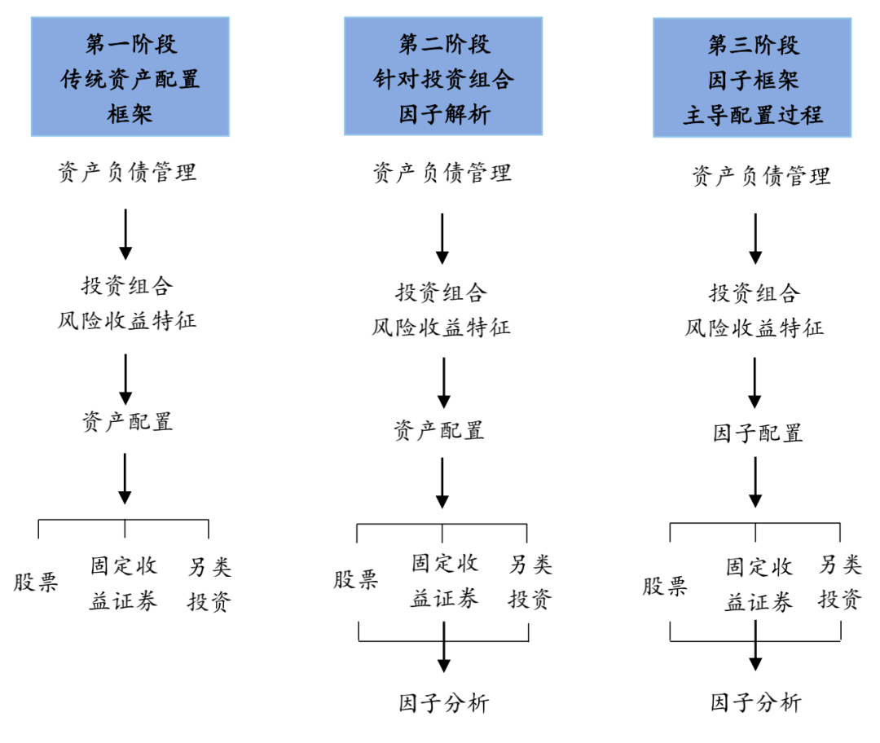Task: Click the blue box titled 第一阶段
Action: [x=130, y=77]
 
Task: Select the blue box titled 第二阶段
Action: [x=443, y=77]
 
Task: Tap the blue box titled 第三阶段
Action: [x=752, y=77]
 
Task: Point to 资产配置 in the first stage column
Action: [x=126, y=421]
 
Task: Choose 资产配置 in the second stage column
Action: [x=439, y=430]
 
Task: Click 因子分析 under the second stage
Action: [x=444, y=702]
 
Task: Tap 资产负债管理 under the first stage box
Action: [x=126, y=172]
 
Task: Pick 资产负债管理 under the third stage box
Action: [x=761, y=175]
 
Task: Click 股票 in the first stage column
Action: [x=36, y=583]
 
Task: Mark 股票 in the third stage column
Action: [x=665, y=586]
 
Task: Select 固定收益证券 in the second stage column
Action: [x=444, y=581]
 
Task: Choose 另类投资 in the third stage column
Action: [x=840, y=582]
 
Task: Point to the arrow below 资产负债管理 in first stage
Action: [x=125, y=234]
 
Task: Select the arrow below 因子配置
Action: [x=755, y=481]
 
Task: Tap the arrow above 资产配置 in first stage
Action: [x=125, y=378]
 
